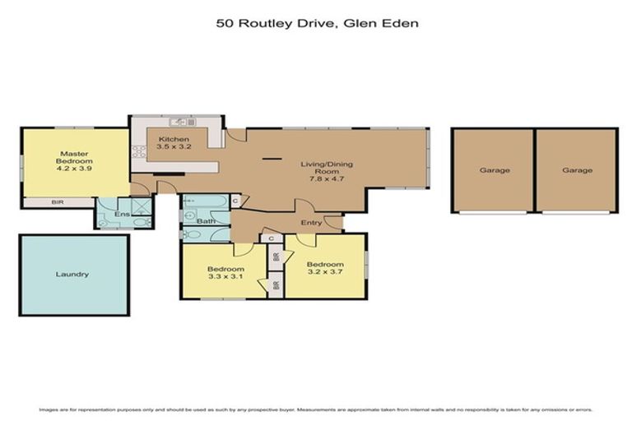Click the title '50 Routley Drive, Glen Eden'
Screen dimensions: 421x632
317,24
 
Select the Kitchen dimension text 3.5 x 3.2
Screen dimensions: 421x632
174,147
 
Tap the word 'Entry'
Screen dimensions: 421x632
311,223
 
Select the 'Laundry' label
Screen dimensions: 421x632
72,275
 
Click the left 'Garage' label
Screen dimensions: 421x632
495,170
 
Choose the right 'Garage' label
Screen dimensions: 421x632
577,170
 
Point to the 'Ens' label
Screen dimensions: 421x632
120,214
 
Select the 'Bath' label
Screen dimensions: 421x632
206,220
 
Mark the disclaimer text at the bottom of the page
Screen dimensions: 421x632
317,409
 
